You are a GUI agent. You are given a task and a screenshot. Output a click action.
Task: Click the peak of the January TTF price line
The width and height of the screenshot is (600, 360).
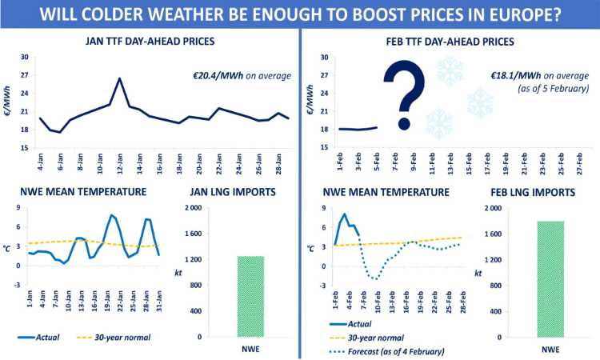point(119,78)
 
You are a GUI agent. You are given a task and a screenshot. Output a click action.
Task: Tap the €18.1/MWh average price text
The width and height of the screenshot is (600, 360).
point(541,76)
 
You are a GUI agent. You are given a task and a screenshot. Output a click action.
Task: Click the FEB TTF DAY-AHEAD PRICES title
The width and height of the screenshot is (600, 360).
point(448,41)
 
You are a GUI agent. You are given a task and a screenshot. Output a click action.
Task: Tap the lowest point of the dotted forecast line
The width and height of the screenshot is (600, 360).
point(374,279)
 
